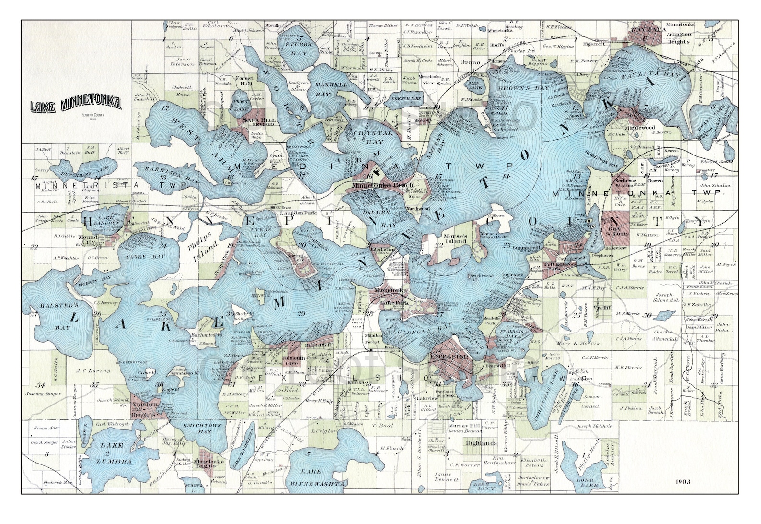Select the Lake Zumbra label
tap(113, 453)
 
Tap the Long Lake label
tap(585, 483)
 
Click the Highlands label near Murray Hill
tap(482, 443)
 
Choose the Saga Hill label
tap(258, 121)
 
